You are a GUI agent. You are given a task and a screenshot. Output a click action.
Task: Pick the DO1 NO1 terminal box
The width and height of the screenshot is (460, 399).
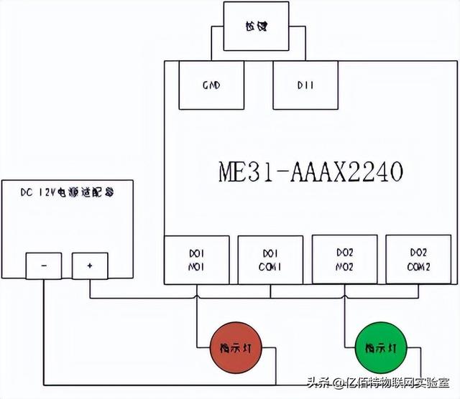tap(198, 260)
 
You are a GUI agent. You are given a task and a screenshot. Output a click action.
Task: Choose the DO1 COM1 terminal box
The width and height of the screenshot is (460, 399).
tap(271, 260)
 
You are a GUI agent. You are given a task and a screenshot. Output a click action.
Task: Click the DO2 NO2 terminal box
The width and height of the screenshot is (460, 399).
tap(344, 259)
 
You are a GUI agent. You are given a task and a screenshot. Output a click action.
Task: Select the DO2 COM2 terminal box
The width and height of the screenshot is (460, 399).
tap(418, 259)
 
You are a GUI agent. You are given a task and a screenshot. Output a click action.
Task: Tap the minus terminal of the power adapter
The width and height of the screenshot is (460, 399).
tap(45, 266)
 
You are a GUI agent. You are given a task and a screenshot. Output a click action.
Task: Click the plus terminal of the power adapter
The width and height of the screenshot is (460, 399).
tap(89, 266)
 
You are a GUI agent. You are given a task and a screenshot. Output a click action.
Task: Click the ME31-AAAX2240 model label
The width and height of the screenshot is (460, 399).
tap(310, 172)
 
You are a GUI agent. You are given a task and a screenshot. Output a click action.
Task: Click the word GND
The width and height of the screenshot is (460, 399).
tap(211, 85)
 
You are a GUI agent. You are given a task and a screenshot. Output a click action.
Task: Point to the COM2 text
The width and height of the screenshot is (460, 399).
tap(418, 267)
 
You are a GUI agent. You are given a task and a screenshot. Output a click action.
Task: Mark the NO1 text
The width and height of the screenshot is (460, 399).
tap(198, 268)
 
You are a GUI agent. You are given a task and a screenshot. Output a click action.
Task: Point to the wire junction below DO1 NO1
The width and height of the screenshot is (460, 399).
tap(198, 297)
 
